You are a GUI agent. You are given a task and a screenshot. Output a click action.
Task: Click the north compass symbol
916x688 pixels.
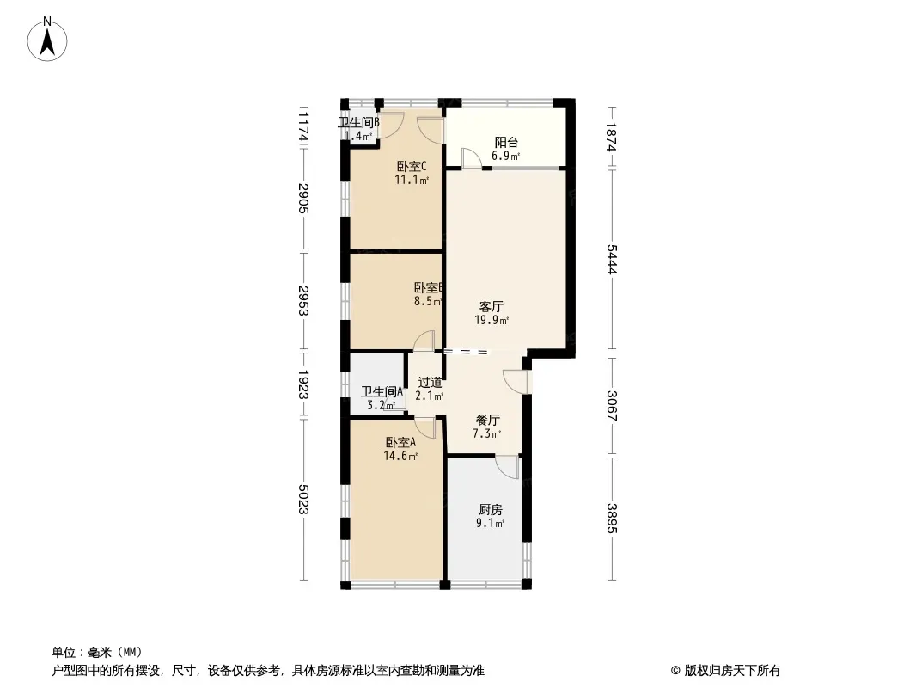click(x=48, y=38)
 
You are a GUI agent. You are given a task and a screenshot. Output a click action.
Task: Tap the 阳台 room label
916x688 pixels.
click(x=506, y=143)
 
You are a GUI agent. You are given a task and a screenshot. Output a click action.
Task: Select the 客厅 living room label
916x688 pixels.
click(x=492, y=306)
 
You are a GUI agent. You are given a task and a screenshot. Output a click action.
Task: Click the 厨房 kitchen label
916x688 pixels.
click(x=491, y=509)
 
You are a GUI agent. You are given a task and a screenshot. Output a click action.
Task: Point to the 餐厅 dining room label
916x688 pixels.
click(x=488, y=421)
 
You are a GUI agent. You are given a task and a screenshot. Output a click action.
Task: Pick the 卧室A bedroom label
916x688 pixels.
click(x=400, y=443)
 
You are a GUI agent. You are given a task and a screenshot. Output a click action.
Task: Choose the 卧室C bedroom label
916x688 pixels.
click(x=412, y=167)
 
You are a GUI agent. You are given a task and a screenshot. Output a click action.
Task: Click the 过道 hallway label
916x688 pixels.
click(x=430, y=382)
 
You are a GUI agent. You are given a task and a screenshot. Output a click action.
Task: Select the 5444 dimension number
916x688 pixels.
click(x=612, y=261)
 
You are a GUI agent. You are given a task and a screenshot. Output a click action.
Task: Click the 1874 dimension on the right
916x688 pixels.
click(x=612, y=138)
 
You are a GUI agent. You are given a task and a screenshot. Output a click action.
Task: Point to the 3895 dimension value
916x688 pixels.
click(x=612, y=518)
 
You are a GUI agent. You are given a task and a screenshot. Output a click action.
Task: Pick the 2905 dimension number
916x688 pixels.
click(x=303, y=200)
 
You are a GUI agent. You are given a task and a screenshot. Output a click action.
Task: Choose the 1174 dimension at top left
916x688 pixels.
click(x=303, y=126)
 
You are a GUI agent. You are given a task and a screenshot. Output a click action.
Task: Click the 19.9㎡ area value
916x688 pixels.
click(x=492, y=321)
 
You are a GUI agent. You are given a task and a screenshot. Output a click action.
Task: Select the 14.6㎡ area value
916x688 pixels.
click(x=400, y=457)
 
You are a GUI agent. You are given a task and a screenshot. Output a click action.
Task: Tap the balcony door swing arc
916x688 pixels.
click(x=472, y=158)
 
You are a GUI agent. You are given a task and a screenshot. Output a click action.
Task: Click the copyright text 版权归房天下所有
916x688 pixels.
click(x=725, y=671)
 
